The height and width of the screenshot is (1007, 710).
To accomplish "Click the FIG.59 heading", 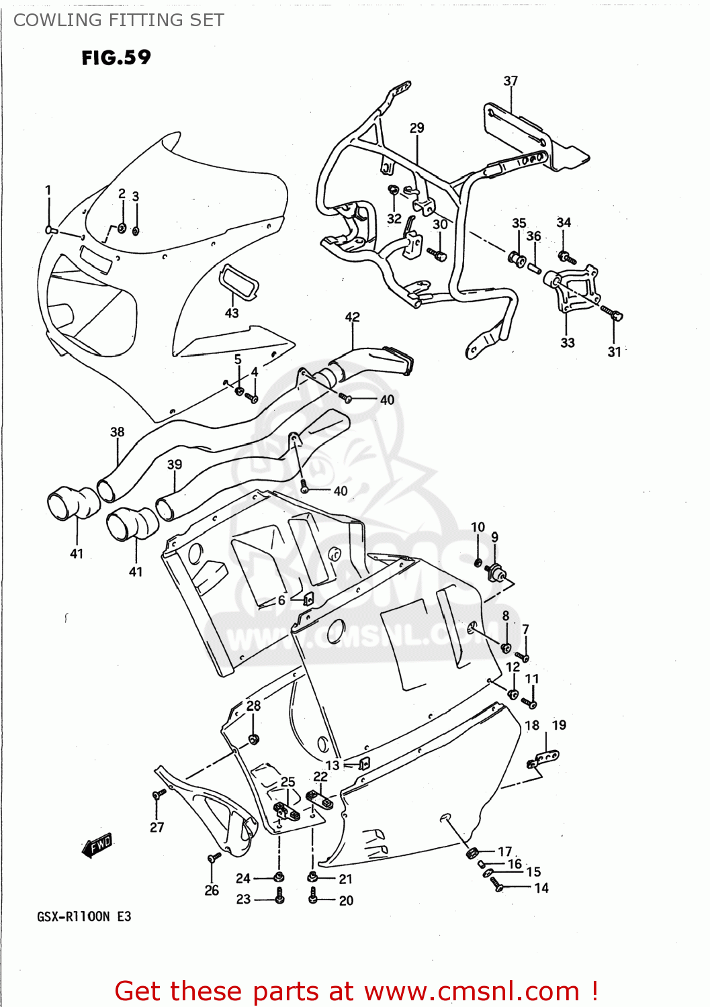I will [116, 58].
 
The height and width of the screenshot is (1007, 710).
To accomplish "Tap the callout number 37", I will [511, 81].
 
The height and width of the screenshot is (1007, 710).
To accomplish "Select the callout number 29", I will [417, 128].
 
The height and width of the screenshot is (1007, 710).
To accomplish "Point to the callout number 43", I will [232, 313].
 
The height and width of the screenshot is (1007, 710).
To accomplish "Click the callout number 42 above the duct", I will [353, 317].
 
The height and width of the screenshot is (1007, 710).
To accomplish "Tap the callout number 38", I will [118, 432].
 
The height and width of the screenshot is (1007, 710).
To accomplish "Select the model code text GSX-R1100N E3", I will [84, 916].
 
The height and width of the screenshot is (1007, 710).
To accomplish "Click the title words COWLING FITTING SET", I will [119, 20].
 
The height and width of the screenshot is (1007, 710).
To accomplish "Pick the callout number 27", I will [157, 827].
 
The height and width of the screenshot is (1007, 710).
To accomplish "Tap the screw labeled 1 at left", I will [50, 230].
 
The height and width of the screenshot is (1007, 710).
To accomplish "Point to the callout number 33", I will [568, 342].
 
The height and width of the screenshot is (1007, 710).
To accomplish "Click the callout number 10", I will [478, 527].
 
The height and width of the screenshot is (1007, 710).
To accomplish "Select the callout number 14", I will [541, 888].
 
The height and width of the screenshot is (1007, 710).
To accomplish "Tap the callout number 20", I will [346, 900].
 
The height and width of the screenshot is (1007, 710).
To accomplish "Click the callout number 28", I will [253, 706].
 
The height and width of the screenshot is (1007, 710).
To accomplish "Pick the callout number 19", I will [559, 725].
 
